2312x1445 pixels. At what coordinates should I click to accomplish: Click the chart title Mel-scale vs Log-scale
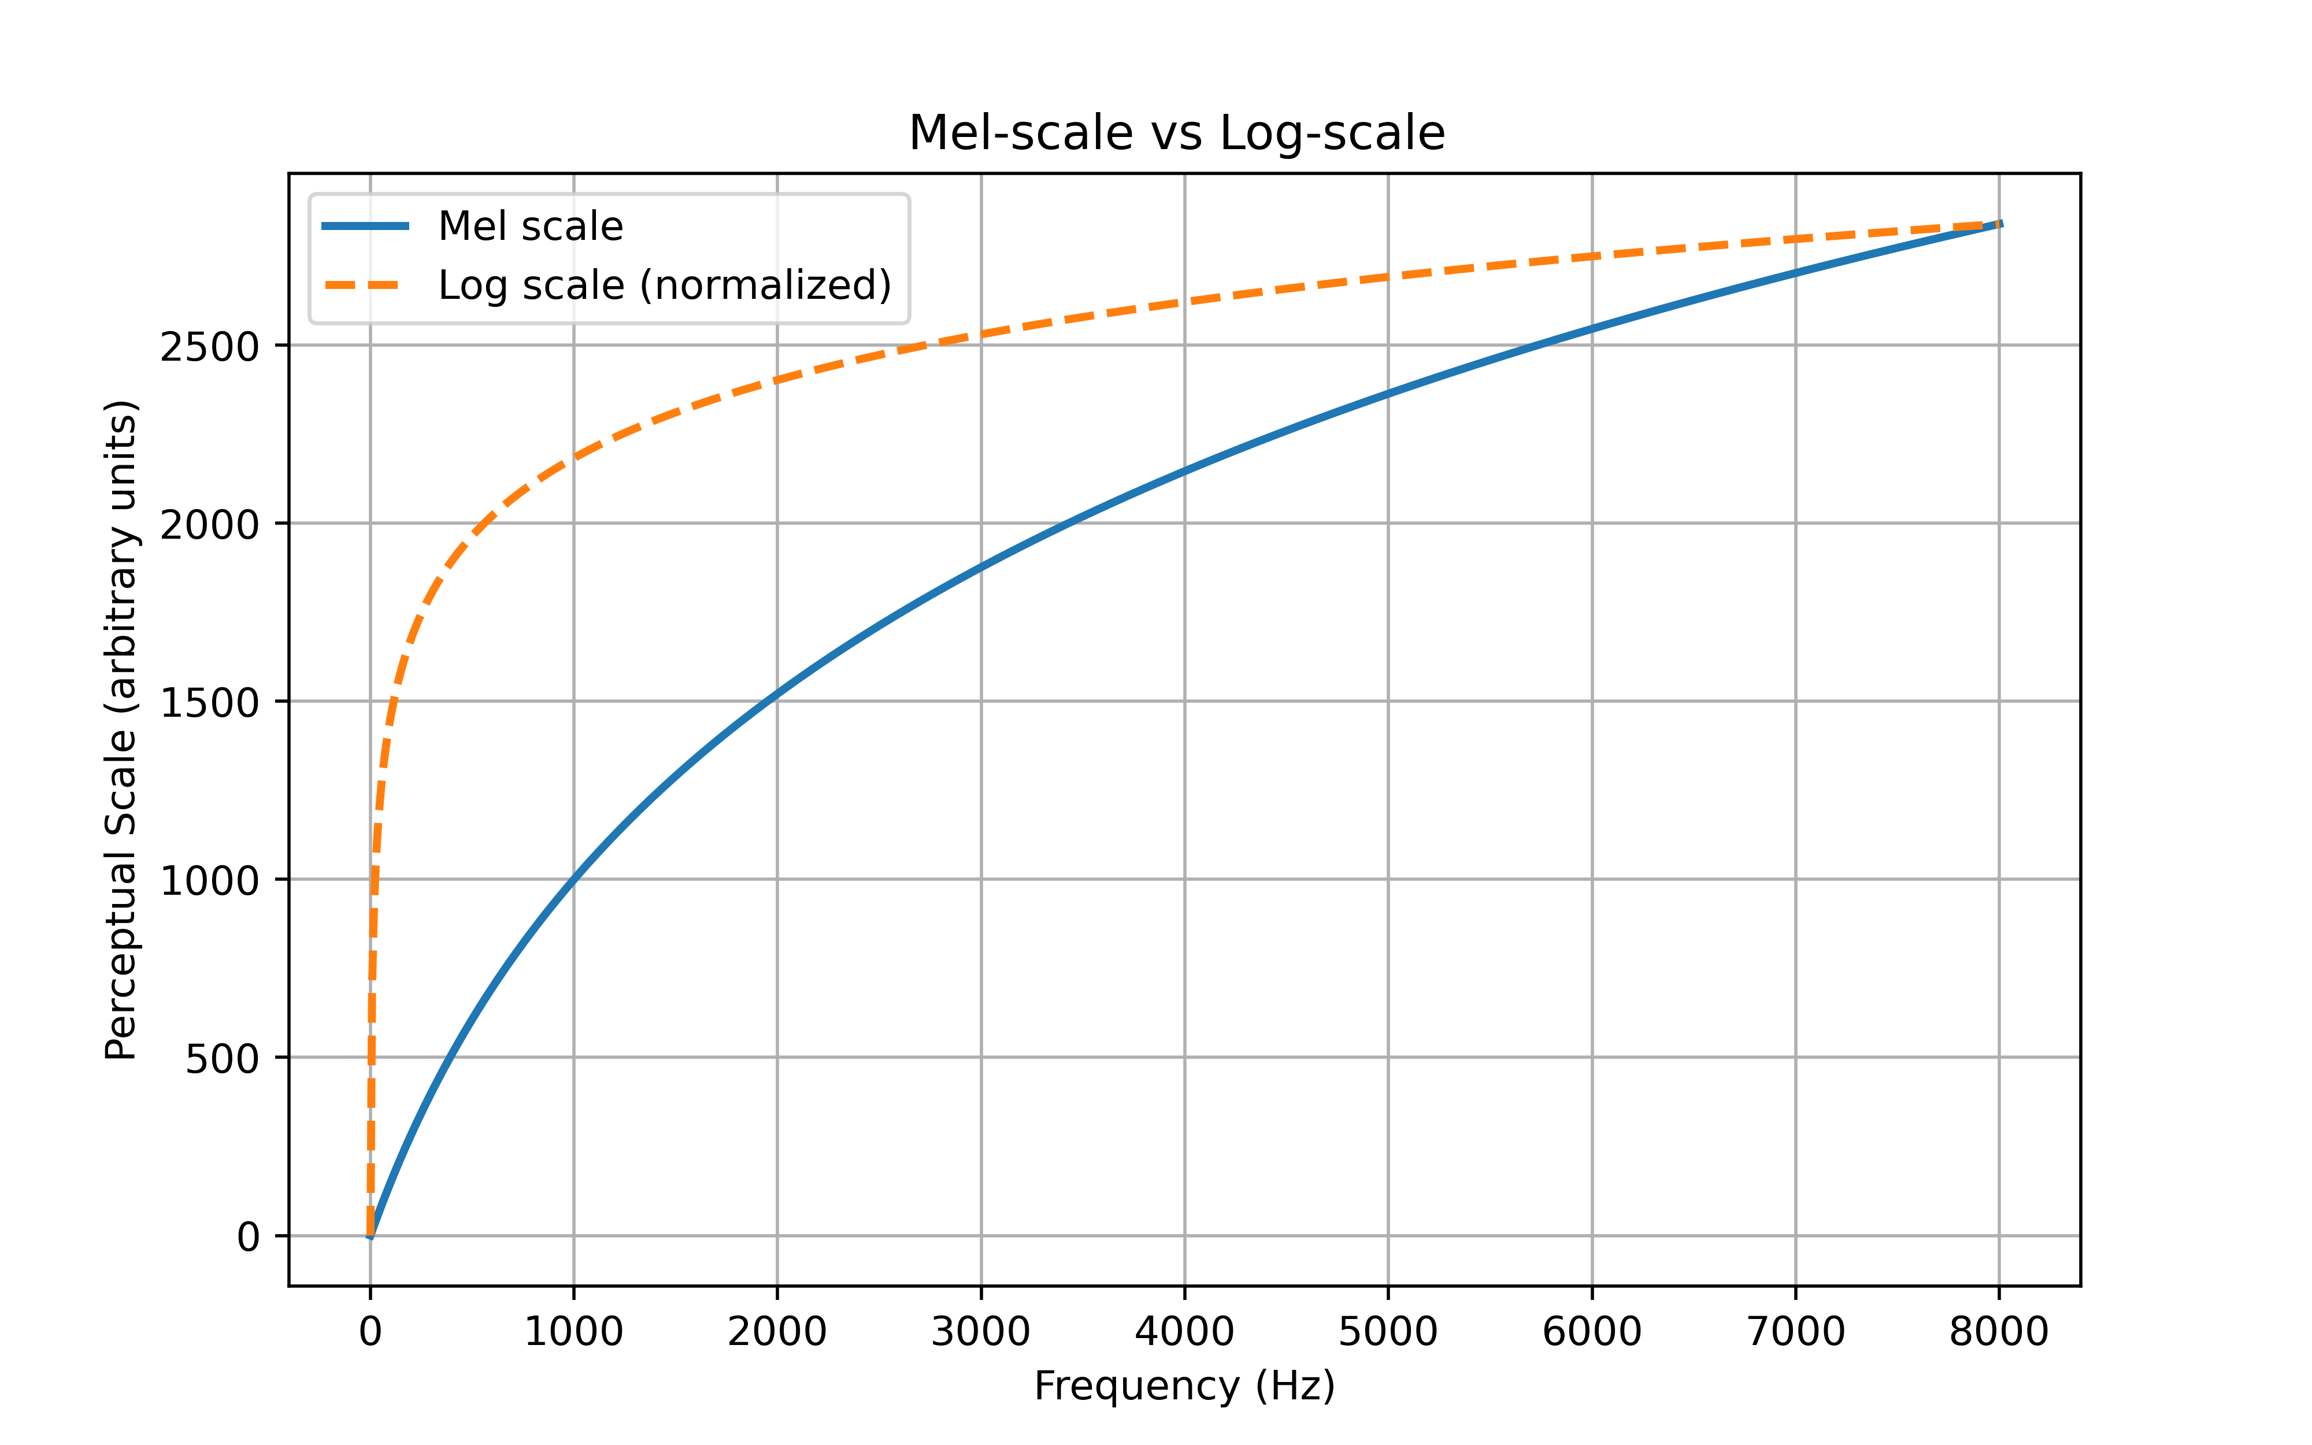1176,133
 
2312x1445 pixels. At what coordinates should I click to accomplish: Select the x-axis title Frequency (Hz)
1184,1385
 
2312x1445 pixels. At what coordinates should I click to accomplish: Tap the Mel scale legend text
530,227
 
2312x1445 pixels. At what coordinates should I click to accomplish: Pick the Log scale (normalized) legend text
665,285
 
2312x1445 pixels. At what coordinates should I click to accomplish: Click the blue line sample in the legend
365,227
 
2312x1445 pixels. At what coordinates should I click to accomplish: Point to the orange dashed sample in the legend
365,285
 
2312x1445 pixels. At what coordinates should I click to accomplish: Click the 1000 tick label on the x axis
573,1331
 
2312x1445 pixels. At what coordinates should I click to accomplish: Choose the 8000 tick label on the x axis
1999,1331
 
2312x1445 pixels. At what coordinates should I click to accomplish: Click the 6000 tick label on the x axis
1592,1331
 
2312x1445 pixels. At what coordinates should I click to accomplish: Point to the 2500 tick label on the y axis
209,347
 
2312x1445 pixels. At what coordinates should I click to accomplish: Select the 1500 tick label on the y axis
209,703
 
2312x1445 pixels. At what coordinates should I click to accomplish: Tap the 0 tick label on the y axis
247,1237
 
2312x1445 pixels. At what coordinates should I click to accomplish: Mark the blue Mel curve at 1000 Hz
573,879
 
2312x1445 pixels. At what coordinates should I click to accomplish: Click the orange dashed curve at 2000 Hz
777,379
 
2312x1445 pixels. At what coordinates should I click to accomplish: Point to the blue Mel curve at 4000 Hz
1185,470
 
